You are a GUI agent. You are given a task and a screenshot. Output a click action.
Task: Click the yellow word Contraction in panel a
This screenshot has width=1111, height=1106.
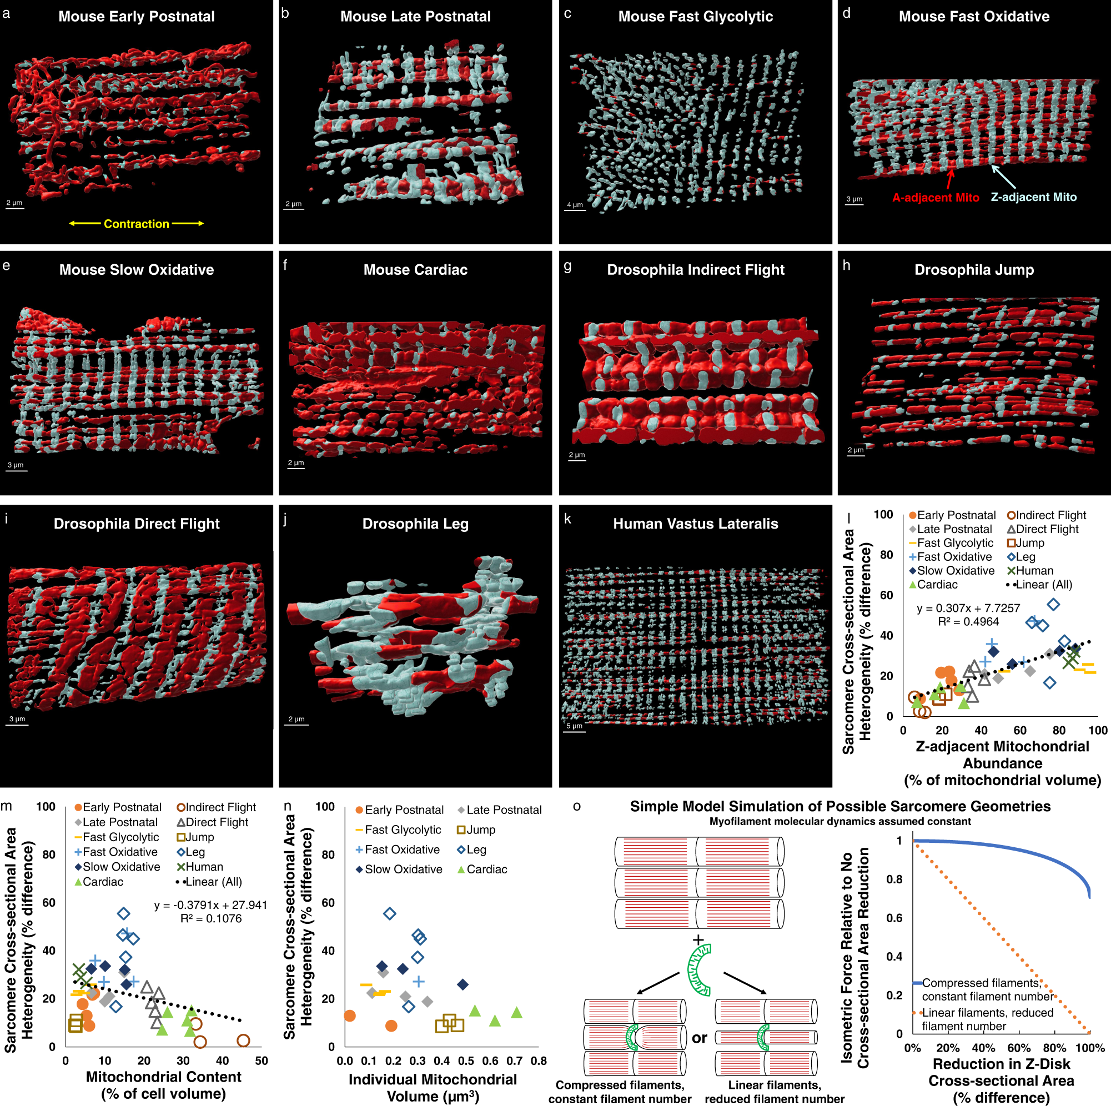(136, 224)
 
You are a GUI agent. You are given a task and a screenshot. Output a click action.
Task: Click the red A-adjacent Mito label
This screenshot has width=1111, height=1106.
(935, 197)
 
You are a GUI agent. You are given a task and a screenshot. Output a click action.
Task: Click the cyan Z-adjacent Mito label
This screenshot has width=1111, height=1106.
(1033, 197)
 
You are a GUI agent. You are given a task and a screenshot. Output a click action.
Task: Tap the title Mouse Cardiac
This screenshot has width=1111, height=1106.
(415, 269)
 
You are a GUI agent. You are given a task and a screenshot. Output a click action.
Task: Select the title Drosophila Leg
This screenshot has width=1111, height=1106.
(415, 524)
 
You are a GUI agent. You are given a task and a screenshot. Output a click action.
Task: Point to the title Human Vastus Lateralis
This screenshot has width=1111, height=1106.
(695, 524)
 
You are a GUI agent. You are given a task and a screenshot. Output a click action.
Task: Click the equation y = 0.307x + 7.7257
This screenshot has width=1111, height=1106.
(968, 608)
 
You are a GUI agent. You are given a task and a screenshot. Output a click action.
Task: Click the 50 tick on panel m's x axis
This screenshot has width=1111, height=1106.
(262, 1060)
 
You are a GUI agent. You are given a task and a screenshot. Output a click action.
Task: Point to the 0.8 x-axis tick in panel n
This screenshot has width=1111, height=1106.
(538, 1060)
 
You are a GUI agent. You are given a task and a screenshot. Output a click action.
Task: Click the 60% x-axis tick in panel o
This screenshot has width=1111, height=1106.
(1018, 1047)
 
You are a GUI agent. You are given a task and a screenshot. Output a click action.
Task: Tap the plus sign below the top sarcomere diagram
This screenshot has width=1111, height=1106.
(698, 939)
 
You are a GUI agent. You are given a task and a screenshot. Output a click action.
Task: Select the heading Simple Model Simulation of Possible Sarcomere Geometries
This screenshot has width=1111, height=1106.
(839, 806)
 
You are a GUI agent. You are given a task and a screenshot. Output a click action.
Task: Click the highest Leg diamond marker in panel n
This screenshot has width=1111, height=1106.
(390, 913)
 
